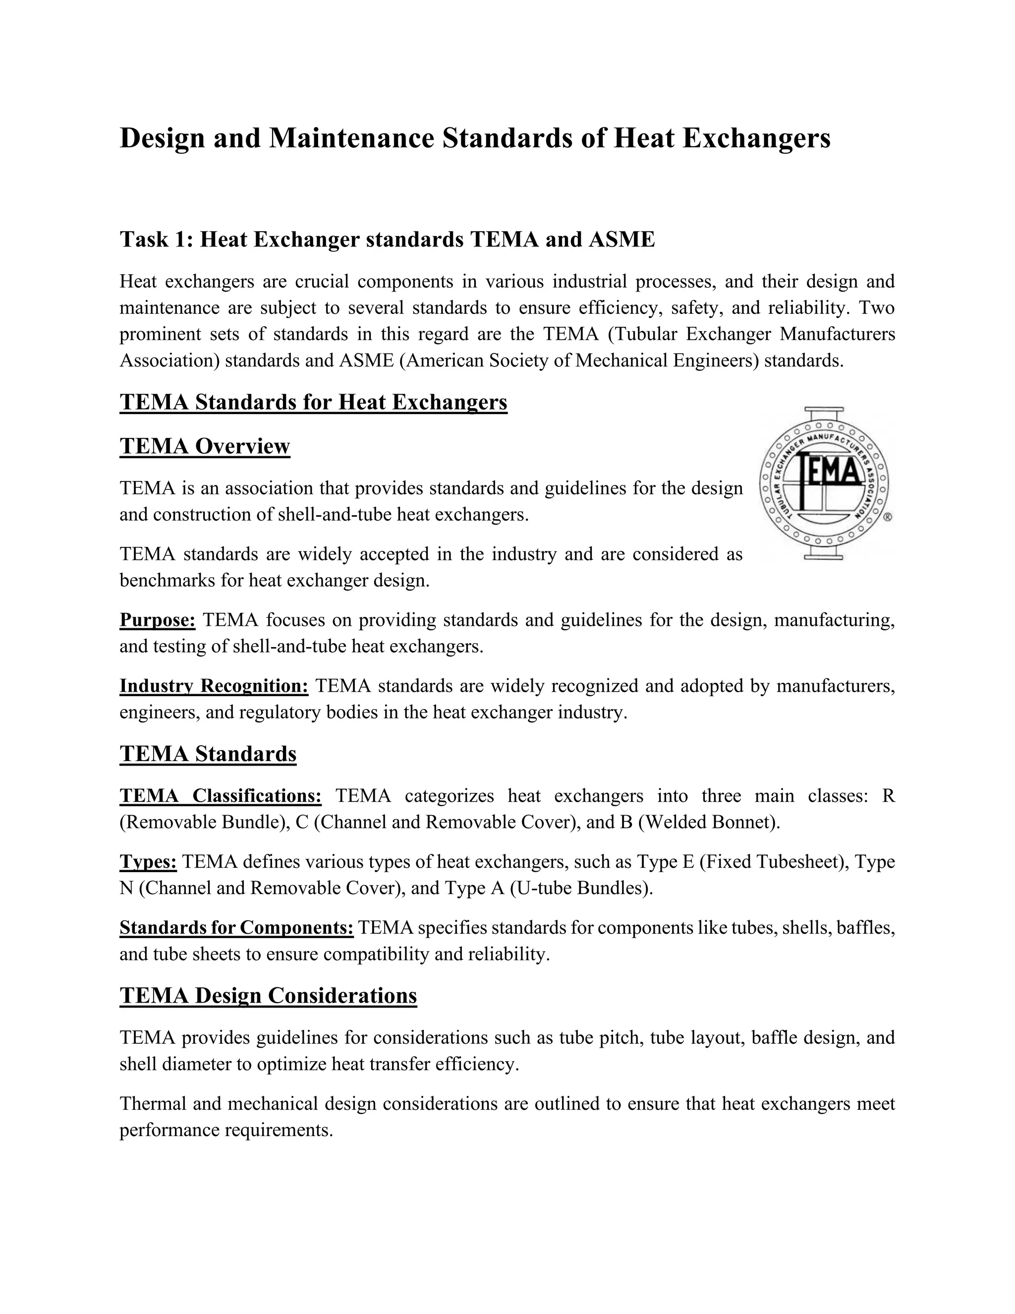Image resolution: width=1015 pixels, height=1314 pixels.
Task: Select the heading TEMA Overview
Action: point(205,446)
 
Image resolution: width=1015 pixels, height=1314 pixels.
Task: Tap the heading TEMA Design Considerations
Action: point(268,996)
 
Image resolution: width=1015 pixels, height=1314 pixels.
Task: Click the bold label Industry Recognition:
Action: point(214,686)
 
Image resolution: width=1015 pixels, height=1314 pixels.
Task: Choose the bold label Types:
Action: point(148,862)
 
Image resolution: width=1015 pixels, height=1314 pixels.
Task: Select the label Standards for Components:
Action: point(236,928)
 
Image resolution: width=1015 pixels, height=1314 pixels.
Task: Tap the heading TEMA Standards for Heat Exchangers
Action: point(313,402)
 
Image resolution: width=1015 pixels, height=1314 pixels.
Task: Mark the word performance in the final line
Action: point(169,1130)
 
